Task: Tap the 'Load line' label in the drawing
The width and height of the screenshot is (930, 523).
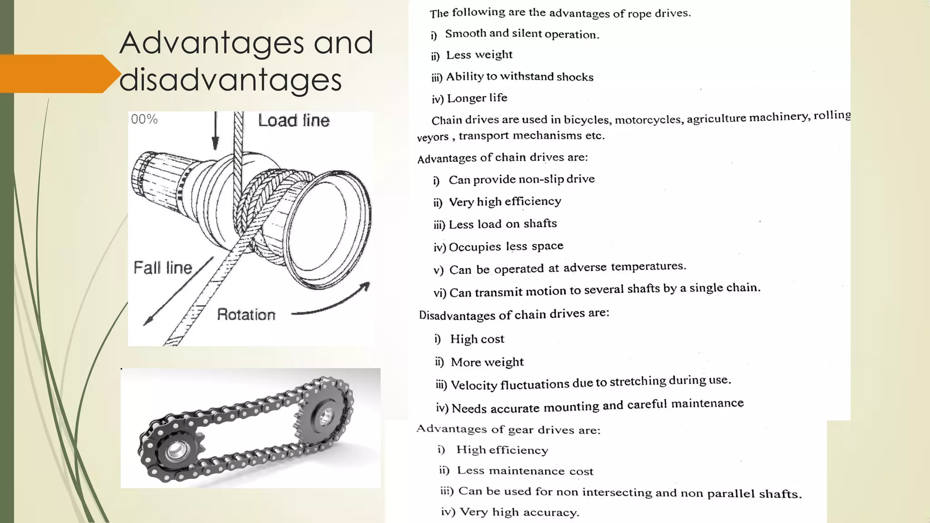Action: click(x=293, y=121)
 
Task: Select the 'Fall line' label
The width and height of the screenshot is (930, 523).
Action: click(x=163, y=268)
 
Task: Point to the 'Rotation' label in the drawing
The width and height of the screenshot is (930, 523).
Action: click(x=246, y=315)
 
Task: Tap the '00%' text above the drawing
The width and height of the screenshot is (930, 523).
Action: click(x=144, y=119)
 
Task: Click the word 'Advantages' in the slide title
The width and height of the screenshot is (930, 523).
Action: click(x=211, y=43)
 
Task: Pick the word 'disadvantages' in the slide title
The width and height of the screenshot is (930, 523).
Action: click(x=230, y=80)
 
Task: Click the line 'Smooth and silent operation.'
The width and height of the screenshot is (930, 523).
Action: click(x=522, y=34)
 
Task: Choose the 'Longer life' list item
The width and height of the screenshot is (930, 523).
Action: click(x=477, y=98)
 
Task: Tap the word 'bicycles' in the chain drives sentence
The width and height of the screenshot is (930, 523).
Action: click(x=586, y=120)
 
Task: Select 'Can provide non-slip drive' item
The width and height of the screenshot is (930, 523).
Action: click(x=521, y=179)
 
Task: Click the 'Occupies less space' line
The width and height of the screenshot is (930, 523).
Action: click(x=506, y=247)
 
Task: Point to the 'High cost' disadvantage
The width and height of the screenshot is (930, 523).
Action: click(x=477, y=339)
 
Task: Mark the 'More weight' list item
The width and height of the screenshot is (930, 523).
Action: click(x=487, y=362)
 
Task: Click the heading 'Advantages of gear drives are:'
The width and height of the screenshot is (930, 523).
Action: click(x=508, y=429)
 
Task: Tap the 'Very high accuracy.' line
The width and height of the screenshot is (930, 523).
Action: click(x=519, y=512)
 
